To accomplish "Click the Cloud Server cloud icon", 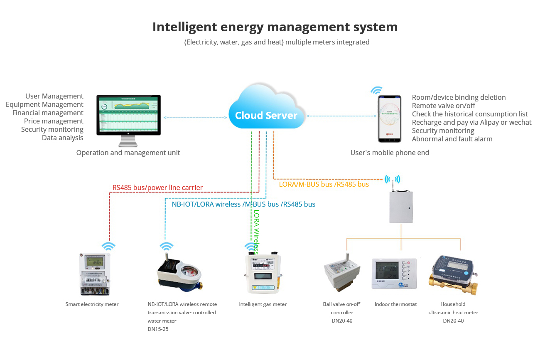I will [x=266, y=109].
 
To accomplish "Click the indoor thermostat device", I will [x=394, y=273].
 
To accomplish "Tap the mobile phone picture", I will [x=389, y=119].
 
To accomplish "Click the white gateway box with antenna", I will [x=401, y=206].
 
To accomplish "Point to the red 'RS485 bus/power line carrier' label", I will [x=157, y=188].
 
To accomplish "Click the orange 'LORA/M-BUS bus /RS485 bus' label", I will [x=324, y=184].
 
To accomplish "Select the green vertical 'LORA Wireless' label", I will [x=256, y=231].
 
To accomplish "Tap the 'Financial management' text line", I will [x=48, y=113].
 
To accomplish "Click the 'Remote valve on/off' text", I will [x=444, y=106].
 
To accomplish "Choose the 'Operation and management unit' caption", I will [x=128, y=153].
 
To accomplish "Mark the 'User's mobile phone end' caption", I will [x=390, y=153].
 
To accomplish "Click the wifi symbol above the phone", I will [x=376, y=90].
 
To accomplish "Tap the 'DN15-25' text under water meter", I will [x=158, y=329].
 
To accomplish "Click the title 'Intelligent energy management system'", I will [x=275, y=27].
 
